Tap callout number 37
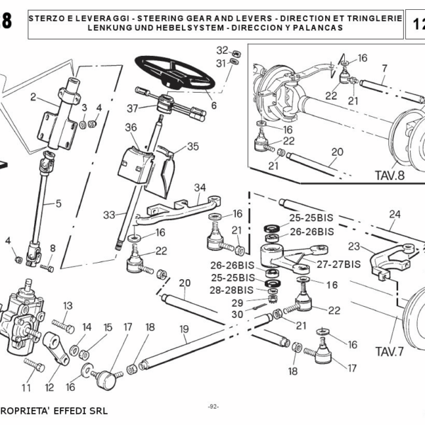[132, 108]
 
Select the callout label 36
[130, 127]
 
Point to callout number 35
[193, 147]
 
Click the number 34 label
[200, 187]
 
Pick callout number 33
[108, 215]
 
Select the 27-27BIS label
[339, 263]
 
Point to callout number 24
[394, 213]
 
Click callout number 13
[67, 305]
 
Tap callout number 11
[26, 387]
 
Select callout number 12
[49, 387]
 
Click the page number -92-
[213, 406]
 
